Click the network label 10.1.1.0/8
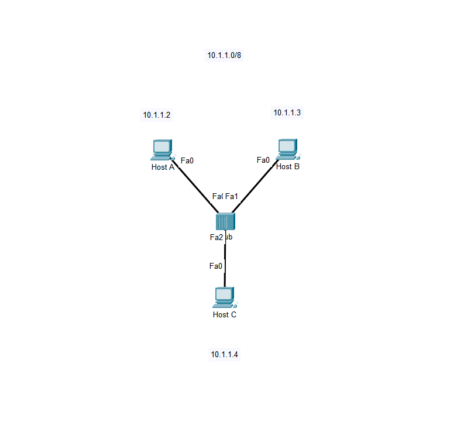tap(224, 56)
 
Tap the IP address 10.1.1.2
tap(157, 115)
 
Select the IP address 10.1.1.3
tap(287, 112)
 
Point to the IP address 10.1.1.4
tap(225, 354)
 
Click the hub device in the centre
tap(225, 221)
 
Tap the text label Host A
tap(163, 167)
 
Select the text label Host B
tap(288, 166)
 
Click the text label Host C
tap(225, 314)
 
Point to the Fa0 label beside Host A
tap(187, 160)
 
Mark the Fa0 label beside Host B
tap(263, 159)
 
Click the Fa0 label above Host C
tap(216, 266)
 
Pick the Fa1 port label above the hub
tap(232, 196)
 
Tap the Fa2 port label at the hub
tap(216, 237)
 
